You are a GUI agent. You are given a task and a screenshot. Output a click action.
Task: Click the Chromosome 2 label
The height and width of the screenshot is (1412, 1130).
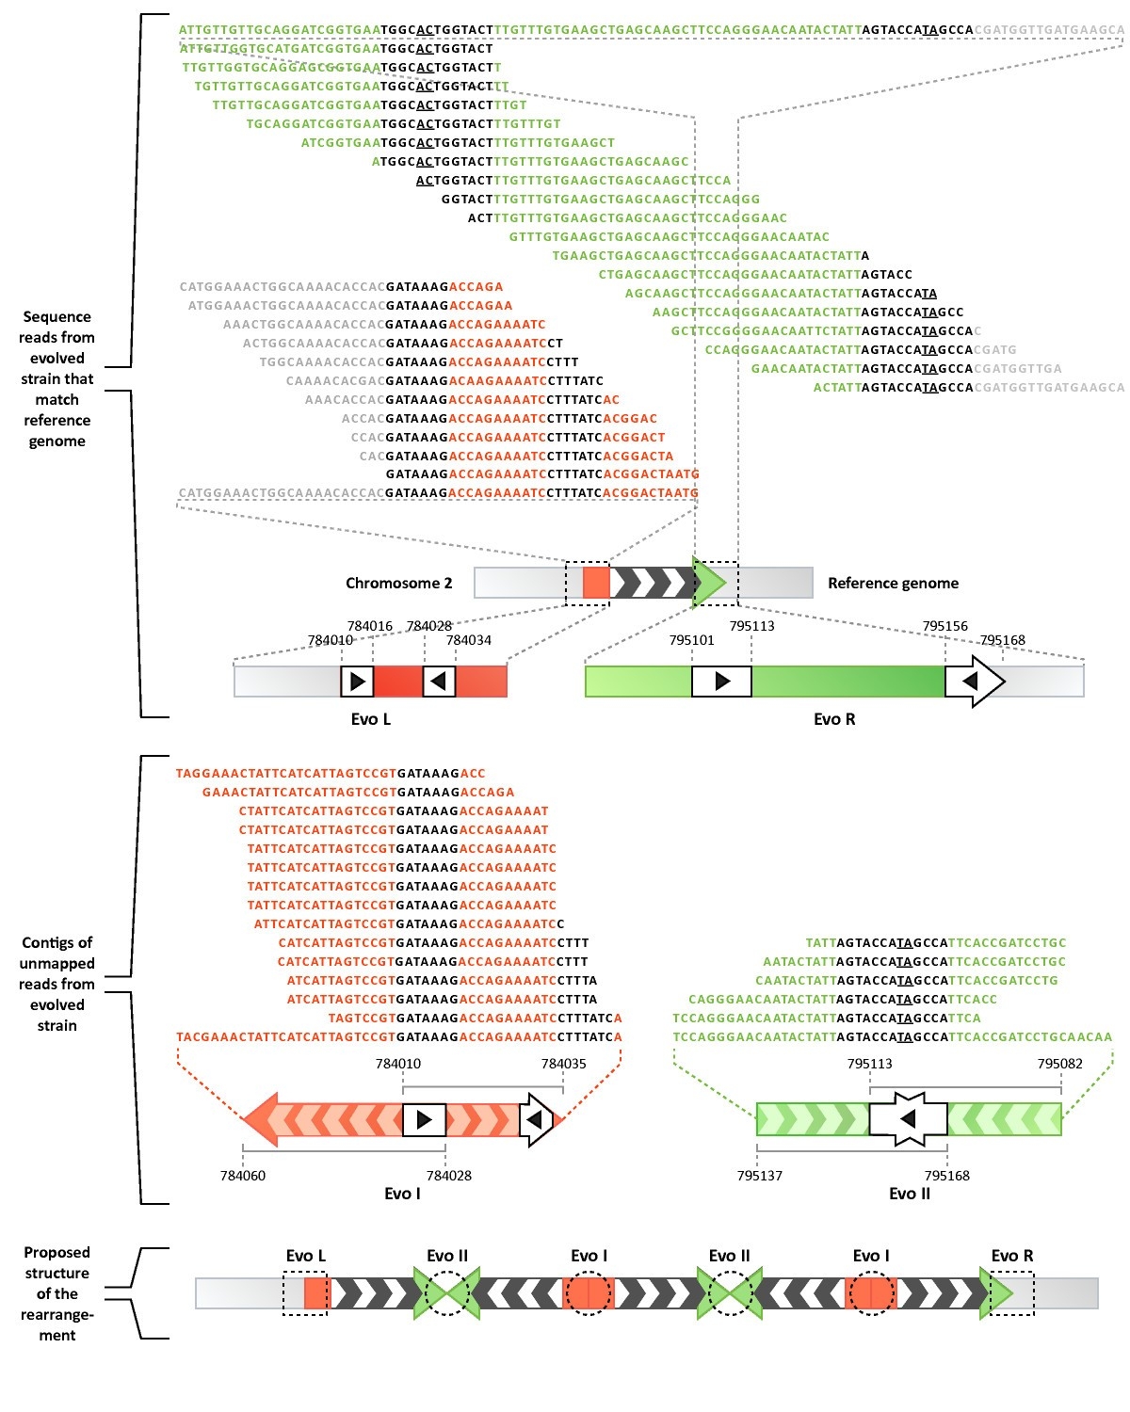[398, 584]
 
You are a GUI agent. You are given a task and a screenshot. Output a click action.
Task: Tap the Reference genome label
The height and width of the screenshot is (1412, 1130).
[893, 584]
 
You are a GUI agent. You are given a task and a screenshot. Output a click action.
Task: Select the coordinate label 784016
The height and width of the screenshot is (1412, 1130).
[369, 626]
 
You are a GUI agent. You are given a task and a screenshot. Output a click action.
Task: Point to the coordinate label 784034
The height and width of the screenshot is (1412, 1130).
[468, 641]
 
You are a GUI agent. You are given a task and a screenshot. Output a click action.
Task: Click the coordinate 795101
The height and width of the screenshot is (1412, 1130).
[691, 641]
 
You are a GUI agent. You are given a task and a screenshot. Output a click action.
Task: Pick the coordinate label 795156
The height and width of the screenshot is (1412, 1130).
[944, 626]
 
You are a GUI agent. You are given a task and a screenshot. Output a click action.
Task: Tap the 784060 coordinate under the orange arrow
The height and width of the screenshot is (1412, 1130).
[243, 1176]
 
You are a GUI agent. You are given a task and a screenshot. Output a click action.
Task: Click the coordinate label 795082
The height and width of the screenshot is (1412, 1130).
[1059, 1064]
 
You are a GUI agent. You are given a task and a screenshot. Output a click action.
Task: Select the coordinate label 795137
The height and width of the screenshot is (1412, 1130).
[760, 1176]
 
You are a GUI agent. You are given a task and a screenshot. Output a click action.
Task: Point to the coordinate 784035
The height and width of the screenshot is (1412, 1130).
[563, 1064]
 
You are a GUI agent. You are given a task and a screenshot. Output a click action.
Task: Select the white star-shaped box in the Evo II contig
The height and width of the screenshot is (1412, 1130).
[908, 1118]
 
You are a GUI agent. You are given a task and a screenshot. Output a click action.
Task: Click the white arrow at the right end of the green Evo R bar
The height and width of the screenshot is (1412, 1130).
[974, 681]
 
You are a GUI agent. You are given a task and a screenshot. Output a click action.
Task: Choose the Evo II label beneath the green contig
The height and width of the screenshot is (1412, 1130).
[910, 1194]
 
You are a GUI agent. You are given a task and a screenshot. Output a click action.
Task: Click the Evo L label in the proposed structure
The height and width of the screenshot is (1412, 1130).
[306, 1256]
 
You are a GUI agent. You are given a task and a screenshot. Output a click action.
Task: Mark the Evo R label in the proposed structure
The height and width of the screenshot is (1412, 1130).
[1012, 1256]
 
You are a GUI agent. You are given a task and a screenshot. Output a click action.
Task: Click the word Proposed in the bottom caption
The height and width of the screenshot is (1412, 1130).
[57, 1253]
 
